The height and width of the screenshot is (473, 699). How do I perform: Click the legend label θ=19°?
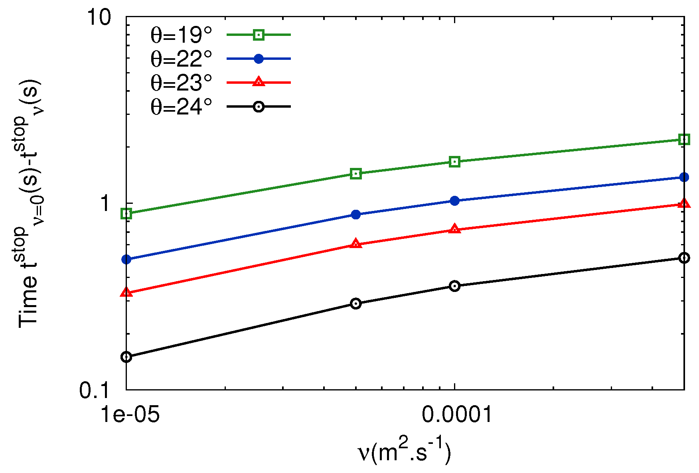181,35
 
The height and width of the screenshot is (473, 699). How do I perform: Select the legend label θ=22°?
181,59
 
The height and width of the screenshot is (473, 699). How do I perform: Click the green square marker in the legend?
259,35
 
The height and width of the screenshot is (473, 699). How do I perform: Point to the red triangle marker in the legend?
259,82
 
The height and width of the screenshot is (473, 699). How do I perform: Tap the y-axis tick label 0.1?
94,390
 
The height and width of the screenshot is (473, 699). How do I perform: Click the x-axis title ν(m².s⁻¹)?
404,453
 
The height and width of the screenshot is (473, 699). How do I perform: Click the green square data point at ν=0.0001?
454,162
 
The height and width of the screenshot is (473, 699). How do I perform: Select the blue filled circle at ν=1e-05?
126,260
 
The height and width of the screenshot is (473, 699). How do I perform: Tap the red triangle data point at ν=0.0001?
454,229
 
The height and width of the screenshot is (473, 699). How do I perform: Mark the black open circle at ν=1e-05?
126,357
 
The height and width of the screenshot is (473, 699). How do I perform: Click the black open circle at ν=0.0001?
454,286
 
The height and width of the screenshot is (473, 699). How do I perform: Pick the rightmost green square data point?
684,139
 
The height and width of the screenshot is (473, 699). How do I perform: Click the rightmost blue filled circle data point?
684,177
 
